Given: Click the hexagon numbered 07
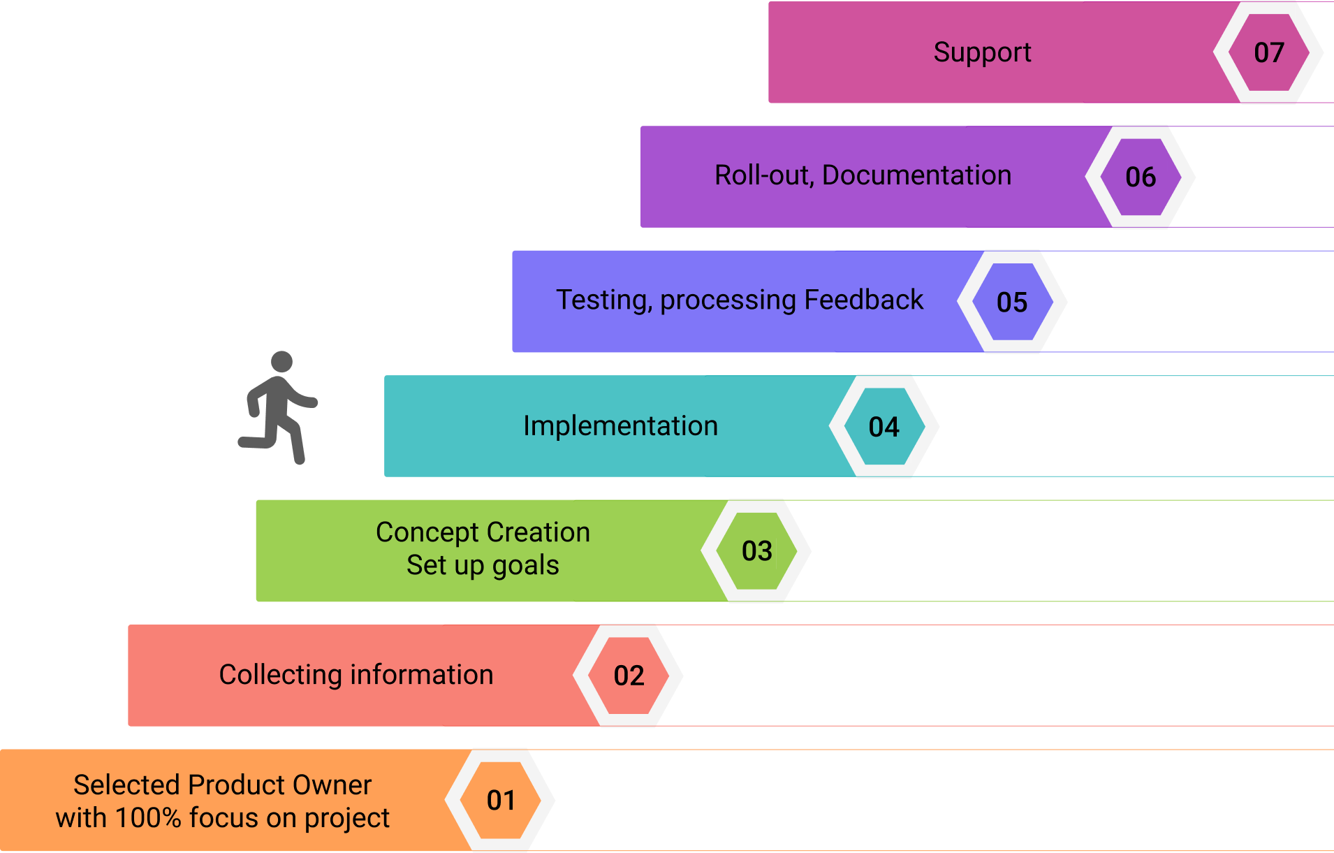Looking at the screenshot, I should (1268, 52).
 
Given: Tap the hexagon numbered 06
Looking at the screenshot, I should (1141, 177).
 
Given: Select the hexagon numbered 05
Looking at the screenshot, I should (1012, 302).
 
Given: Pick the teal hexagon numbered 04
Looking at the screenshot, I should (884, 426).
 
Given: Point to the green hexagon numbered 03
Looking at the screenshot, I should (756, 551).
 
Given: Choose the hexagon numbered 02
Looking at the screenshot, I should (629, 676).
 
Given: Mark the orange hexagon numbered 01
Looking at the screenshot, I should (501, 800).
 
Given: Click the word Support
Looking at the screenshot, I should (982, 52).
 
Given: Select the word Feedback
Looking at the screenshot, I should (863, 300).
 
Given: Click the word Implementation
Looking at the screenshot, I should (620, 426).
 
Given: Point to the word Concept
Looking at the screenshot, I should (427, 533).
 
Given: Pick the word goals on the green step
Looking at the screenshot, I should (525, 566).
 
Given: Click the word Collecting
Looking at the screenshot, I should (280, 675).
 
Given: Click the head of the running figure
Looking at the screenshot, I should (281, 361).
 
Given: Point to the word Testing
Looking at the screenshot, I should (603, 300).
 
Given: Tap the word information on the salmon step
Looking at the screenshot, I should (422, 675).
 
